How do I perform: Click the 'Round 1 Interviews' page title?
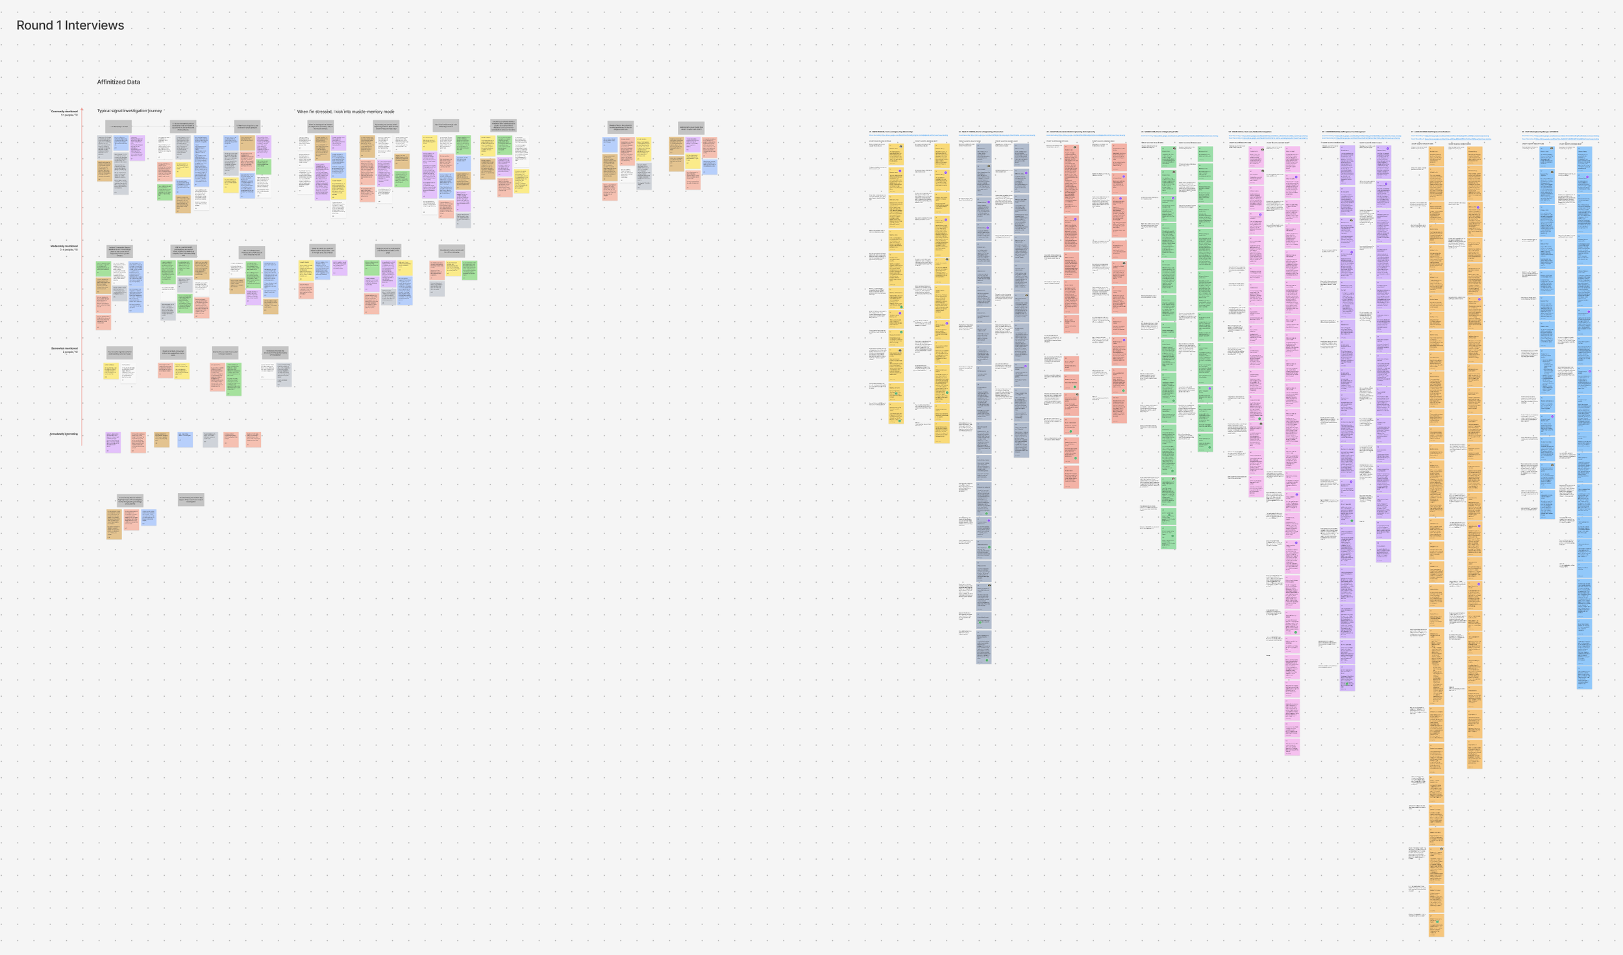click(x=70, y=25)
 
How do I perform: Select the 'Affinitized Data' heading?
click(x=118, y=82)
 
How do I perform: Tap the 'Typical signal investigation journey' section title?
click(x=129, y=111)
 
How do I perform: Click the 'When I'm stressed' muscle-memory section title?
click(x=345, y=112)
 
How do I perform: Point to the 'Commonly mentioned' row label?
click(x=64, y=112)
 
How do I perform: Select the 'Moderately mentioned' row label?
click(x=64, y=247)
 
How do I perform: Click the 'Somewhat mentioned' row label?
click(x=64, y=349)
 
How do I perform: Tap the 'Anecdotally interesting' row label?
click(x=64, y=434)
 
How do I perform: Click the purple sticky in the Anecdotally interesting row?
click(x=113, y=442)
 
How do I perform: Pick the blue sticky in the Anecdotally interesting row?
click(x=185, y=440)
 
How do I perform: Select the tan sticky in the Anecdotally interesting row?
click(x=162, y=440)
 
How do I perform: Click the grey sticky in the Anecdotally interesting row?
click(x=210, y=440)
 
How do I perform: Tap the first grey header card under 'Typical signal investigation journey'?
click(x=118, y=127)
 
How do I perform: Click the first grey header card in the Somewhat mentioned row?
click(x=119, y=353)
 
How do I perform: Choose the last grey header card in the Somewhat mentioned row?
click(x=275, y=353)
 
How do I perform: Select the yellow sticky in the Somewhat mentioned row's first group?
click(x=110, y=370)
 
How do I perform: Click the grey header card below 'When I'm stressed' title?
click(x=321, y=127)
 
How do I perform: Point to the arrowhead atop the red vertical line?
click(x=82, y=109)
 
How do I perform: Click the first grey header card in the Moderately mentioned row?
click(x=119, y=252)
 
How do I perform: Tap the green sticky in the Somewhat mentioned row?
click(x=234, y=379)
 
